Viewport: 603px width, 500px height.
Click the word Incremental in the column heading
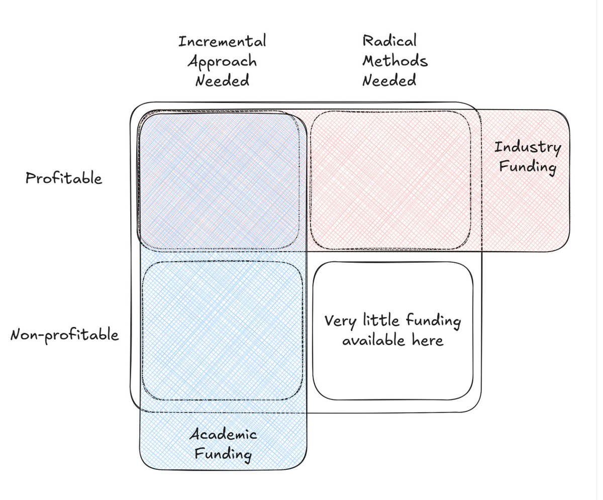click(x=222, y=41)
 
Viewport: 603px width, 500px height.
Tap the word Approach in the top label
click(x=222, y=61)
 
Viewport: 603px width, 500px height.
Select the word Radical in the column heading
click(x=389, y=41)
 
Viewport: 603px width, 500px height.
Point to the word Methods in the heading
click(x=395, y=61)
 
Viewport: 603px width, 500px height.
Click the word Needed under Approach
click(x=222, y=80)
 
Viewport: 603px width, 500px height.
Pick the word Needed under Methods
click(x=389, y=80)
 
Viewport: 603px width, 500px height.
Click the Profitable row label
click(x=64, y=178)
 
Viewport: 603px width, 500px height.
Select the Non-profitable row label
click(x=65, y=334)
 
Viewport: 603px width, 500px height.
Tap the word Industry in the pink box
click(x=527, y=148)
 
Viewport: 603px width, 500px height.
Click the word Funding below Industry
click(x=527, y=167)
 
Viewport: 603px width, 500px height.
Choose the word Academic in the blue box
click(x=223, y=435)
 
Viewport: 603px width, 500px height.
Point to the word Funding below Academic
click(x=223, y=455)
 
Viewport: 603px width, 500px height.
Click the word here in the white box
click(x=429, y=340)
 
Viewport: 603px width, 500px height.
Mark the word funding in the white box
click(x=433, y=321)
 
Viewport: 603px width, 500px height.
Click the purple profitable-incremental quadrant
click(x=220, y=181)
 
